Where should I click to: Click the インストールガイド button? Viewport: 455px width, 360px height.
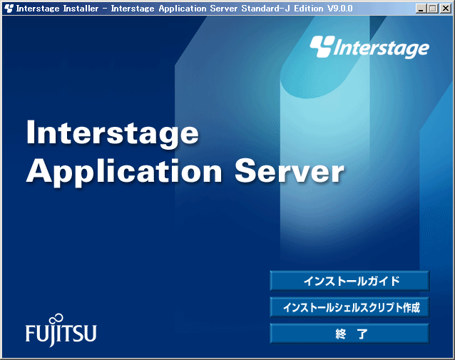(349, 281)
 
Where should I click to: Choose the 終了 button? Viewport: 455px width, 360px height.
(349, 334)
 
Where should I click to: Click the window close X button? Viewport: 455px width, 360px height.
(446, 9)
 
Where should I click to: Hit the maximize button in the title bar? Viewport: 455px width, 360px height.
(433, 9)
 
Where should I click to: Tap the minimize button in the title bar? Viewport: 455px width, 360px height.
(421, 9)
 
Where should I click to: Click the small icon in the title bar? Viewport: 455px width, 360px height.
(9, 9)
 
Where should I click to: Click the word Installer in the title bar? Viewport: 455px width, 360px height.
(81, 9)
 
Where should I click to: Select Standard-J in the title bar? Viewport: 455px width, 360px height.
(266, 9)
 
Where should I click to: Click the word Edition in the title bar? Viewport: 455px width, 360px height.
(309, 9)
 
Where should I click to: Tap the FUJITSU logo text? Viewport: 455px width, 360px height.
(61, 334)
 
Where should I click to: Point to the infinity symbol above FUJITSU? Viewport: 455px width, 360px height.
(56, 319)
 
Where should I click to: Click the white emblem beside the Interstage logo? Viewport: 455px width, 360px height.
(322, 46)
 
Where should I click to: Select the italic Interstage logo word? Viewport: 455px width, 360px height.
(382, 48)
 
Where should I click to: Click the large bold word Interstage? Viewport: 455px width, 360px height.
(113, 134)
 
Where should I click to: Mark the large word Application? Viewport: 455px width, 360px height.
(125, 173)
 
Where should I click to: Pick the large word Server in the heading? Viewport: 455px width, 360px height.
(290, 171)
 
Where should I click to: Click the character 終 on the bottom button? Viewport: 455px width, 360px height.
(340, 334)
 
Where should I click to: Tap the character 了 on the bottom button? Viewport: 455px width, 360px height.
(362, 334)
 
